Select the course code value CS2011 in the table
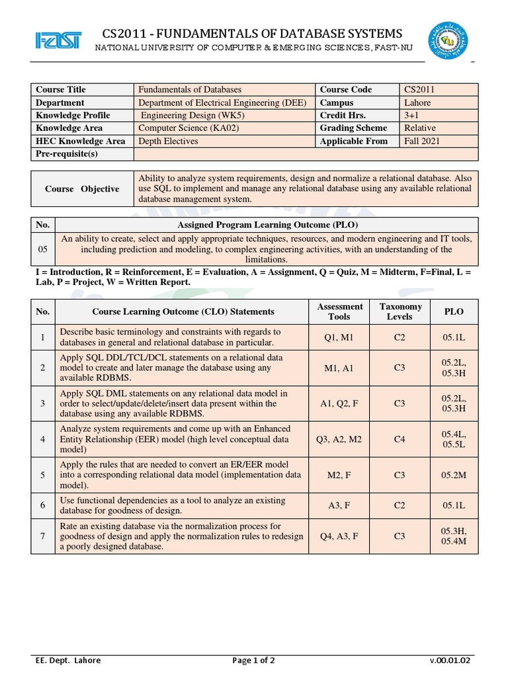click(x=419, y=90)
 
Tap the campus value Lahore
click(x=417, y=102)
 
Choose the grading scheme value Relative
click(x=420, y=128)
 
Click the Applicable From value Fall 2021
click(x=422, y=141)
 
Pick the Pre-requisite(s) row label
click(x=67, y=154)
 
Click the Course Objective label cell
click(x=82, y=188)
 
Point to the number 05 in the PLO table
click(x=43, y=249)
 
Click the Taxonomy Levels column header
click(x=400, y=311)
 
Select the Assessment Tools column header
click(x=340, y=311)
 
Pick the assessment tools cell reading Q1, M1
click(x=340, y=337)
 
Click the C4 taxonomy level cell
click(x=400, y=438)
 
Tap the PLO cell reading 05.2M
click(x=454, y=474)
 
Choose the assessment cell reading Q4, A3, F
click(x=340, y=536)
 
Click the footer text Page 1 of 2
click(x=254, y=660)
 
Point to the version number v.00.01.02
click(x=450, y=660)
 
